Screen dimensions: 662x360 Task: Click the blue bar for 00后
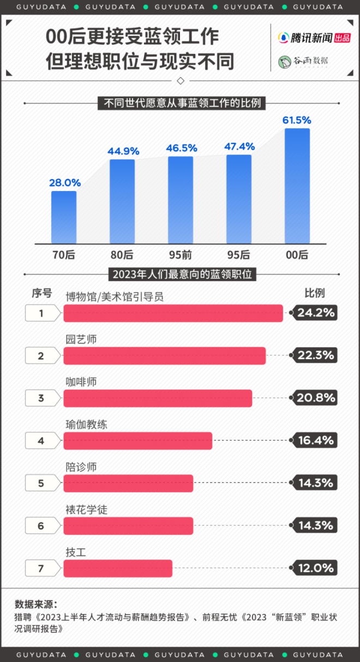pyautogui.click(x=297, y=186)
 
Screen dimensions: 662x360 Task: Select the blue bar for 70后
pyautogui.click(x=64, y=217)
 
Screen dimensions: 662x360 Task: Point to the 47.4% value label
pyautogui.click(x=239, y=146)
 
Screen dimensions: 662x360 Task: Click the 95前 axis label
pyautogui.click(x=181, y=254)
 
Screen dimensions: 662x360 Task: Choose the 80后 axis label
pyautogui.click(x=122, y=254)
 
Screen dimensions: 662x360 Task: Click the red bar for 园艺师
pyautogui.click(x=164, y=356)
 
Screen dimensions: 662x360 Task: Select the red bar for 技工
pyautogui.click(x=118, y=569)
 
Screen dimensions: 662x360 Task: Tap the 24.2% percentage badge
pyautogui.click(x=315, y=313)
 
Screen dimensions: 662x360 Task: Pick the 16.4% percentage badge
pyautogui.click(x=315, y=440)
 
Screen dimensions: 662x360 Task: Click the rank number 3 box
pyautogui.click(x=41, y=398)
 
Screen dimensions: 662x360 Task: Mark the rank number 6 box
pyautogui.click(x=41, y=526)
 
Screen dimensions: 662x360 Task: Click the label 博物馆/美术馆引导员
pyautogui.click(x=114, y=296)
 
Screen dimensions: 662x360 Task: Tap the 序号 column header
pyautogui.click(x=41, y=294)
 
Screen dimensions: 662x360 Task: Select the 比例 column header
pyautogui.click(x=315, y=293)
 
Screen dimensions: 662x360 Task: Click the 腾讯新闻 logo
pyautogui.click(x=314, y=38)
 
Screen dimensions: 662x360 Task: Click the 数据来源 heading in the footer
pyautogui.click(x=36, y=604)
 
